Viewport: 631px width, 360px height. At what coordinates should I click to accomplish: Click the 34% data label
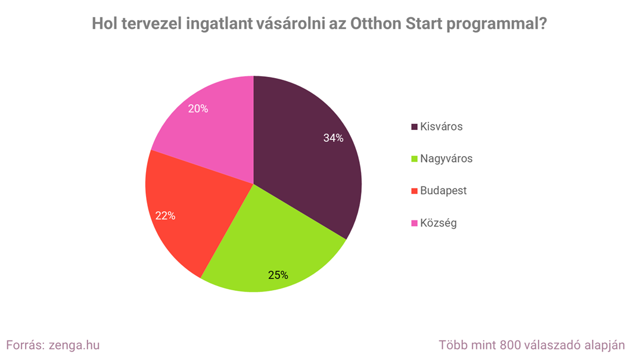pyautogui.click(x=333, y=138)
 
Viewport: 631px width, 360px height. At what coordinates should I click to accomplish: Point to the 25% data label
pyautogui.click(x=278, y=275)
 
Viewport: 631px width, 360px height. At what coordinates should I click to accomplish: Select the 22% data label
pyautogui.click(x=165, y=216)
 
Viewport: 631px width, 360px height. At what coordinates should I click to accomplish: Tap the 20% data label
pyautogui.click(x=198, y=109)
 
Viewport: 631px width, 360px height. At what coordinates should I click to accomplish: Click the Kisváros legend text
pyautogui.click(x=441, y=126)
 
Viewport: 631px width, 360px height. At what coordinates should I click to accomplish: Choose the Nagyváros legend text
pyautogui.click(x=446, y=159)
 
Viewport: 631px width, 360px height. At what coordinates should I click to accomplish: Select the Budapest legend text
pyautogui.click(x=443, y=191)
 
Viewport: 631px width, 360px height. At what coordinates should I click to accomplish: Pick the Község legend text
pyautogui.click(x=438, y=223)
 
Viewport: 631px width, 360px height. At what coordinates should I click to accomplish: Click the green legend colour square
pyautogui.click(x=414, y=159)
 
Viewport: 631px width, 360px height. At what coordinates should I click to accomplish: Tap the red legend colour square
pyautogui.click(x=414, y=191)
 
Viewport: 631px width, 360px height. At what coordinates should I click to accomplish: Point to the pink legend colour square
pyautogui.click(x=414, y=224)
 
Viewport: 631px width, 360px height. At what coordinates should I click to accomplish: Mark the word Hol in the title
pyautogui.click(x=105, y=24)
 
